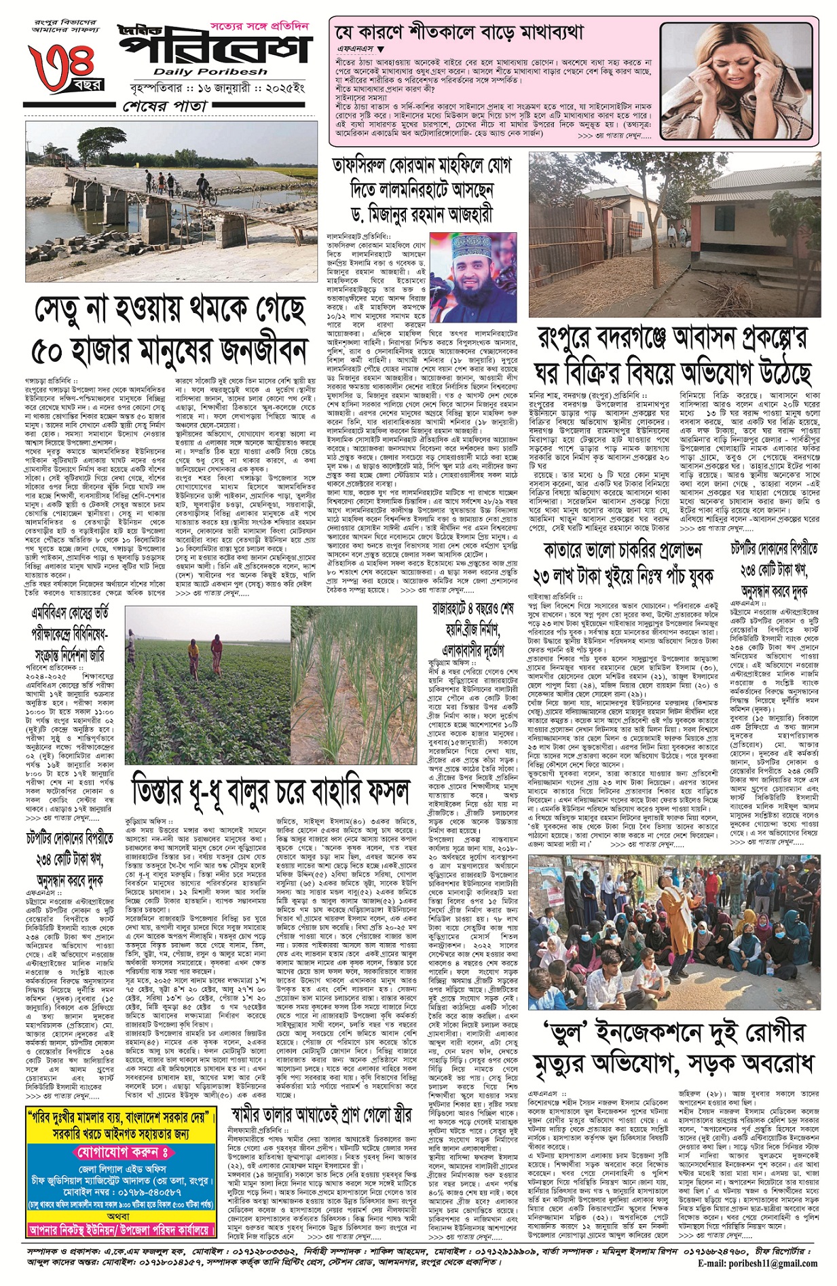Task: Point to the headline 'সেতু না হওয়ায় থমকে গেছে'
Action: pos(170,311)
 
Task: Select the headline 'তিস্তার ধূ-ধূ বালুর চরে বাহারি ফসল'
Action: pos(271,790)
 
